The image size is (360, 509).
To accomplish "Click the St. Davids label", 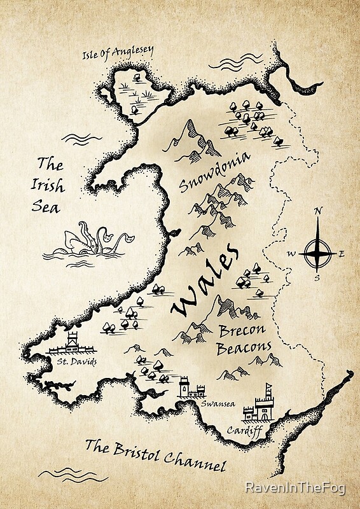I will pyautogui.click(x=76, y=363).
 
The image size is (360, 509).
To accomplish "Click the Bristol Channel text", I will pyautogui.click(x=156, y=455).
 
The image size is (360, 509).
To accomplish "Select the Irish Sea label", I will pyautogui.click(x=49, y=185).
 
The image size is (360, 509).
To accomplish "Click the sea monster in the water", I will pyautogui.click(x=89, y=241).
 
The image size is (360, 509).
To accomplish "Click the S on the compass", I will pyautogui.click(x=317, y=277).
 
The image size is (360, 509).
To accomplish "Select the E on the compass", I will pyautogui.click(x=342, y=254).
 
